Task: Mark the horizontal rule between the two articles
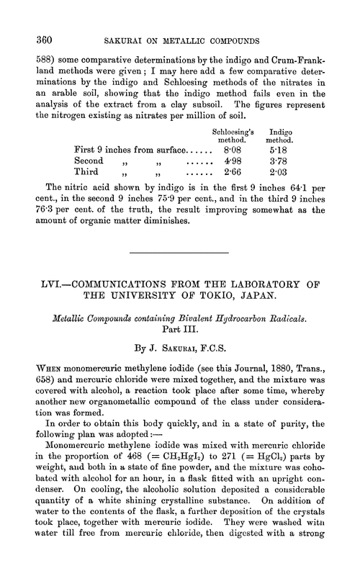[x=178, y=253]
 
